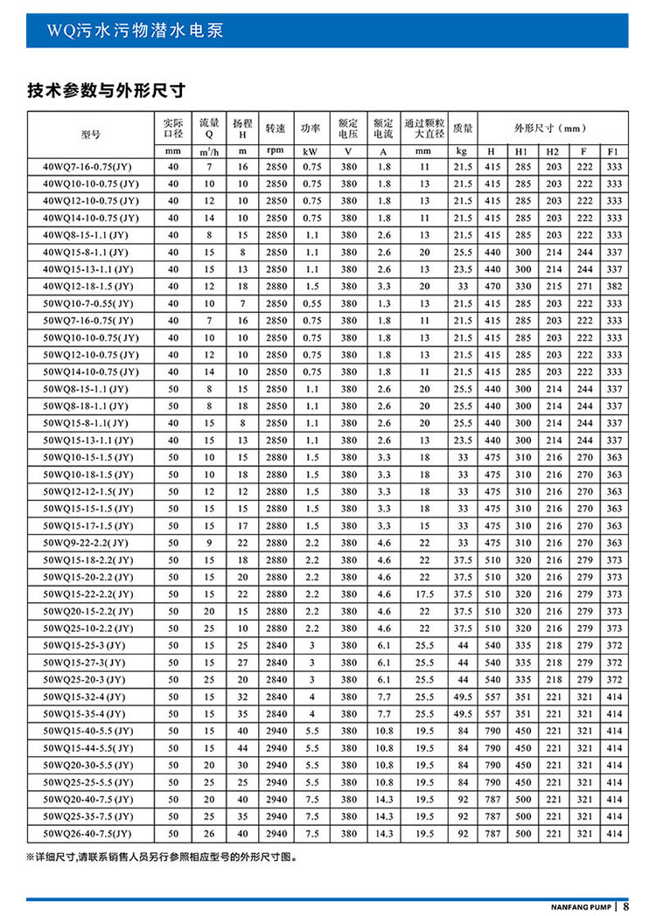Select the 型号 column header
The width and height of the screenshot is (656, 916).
pyautogui.click(x=90, y=135)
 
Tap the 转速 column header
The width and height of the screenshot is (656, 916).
pyautogui.click(x=276, y=128)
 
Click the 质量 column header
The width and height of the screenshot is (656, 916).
pyautogui.click(x=463, y=128)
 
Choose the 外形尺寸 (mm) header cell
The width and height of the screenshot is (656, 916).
pyautogui.click(x=553, y=128)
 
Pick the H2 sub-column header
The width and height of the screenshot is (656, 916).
pyautogui.click(x=553, y=150)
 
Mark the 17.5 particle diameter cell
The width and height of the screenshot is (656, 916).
pyautogui.click(x=424, y=593)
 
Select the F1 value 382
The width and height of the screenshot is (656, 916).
pyautogui.click(x=614, y=287)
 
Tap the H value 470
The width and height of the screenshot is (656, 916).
pyautogui.click(x=492, y=287)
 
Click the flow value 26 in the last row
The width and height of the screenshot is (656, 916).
pyautogui.click(x=209, y=833)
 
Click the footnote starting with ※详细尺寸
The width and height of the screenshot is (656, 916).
pyautogui.click(x=162, y=858)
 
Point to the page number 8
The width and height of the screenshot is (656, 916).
pyautogui.click(x=627, y=906)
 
